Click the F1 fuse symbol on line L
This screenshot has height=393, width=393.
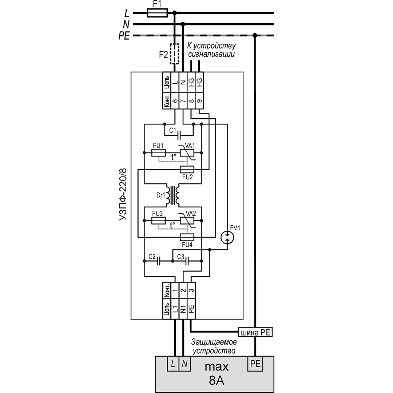pos(157,13)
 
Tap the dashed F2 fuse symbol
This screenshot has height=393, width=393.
pos(175,54)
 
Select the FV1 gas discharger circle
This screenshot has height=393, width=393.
pos(227,237)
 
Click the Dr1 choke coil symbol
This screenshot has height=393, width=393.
pos(173,195)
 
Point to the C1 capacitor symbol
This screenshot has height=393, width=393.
pos(179,136)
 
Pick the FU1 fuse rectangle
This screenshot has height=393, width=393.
pos(159,153)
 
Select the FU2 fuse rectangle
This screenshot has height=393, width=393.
pos(187,169)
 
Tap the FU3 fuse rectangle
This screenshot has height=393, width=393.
pos(159,221)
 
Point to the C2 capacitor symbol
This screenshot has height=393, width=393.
pos(159,261)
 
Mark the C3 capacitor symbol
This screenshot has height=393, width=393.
pos(187,261)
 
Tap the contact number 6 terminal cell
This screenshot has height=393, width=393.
pos(175,102)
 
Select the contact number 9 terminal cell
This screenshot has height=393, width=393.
pos(199,102)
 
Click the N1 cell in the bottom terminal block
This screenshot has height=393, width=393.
pos(183,309)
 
